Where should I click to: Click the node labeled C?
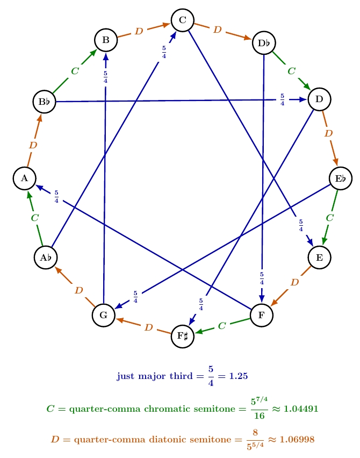coord(182,20)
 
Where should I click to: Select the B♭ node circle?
coord(44,101)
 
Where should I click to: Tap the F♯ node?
coord(182,337)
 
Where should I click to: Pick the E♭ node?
coord(341,178)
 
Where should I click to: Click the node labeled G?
coord(103,315)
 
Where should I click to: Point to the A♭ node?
coord(46,257)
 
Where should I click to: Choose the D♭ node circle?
coord(264,43)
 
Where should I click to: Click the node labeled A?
coord(24,178)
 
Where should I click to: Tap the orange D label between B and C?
coord(139,31)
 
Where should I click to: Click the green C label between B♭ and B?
coord(75,70)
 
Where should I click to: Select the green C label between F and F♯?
coord(221,326)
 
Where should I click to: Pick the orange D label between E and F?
coord(294,282)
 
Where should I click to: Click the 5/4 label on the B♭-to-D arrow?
coord(282,99)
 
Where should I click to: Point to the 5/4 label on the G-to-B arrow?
coord(105,76)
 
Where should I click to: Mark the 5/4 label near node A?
coord(56,197)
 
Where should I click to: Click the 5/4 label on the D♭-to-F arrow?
coord(262,278)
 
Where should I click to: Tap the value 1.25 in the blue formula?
coord(238,376)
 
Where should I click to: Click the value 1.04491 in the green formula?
coord(293,409)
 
